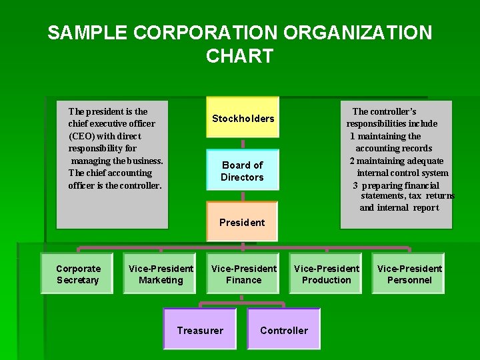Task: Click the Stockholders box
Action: coord(243,119)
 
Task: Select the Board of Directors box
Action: coord(242,171)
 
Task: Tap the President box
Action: coord(242,222)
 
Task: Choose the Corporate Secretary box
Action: coord(78,274)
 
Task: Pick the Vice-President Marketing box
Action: coord(161,274)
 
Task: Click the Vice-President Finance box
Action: coord(243,274)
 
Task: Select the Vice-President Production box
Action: coord(326,274)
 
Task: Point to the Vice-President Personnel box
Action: coord(409,274)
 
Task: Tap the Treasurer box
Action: coord(200,330)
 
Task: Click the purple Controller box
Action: coord(284,330)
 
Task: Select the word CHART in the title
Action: coord(240,56)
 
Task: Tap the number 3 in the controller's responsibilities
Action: coord(355,185)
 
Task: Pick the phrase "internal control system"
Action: coord(403,173)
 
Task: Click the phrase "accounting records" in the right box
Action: coord(393,148)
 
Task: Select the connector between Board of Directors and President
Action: coord(243,196)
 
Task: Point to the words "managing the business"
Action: coord(117,161)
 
